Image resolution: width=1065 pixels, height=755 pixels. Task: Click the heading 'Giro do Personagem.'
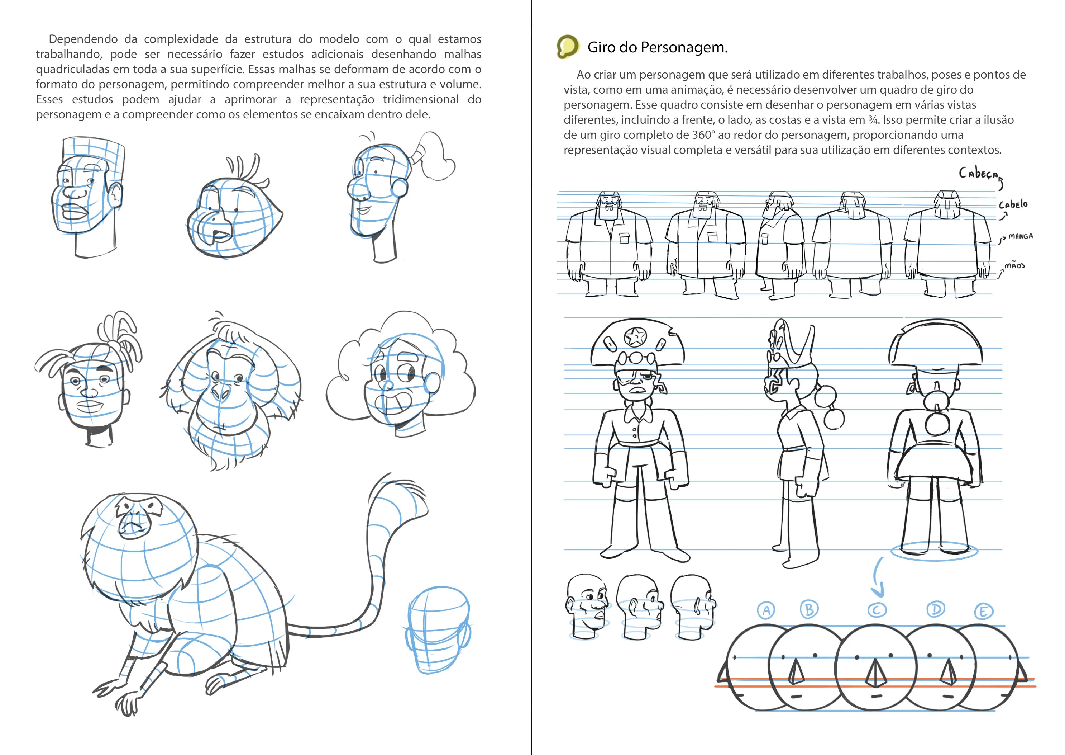[x=657, y=47]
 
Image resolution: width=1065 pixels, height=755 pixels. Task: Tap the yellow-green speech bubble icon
[x=568, y=47]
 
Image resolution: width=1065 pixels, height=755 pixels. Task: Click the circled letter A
[x=766, y=610]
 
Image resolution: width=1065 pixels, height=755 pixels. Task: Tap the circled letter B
[x=809, y=609]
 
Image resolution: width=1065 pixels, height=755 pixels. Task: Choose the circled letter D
[x=936, y=609]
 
